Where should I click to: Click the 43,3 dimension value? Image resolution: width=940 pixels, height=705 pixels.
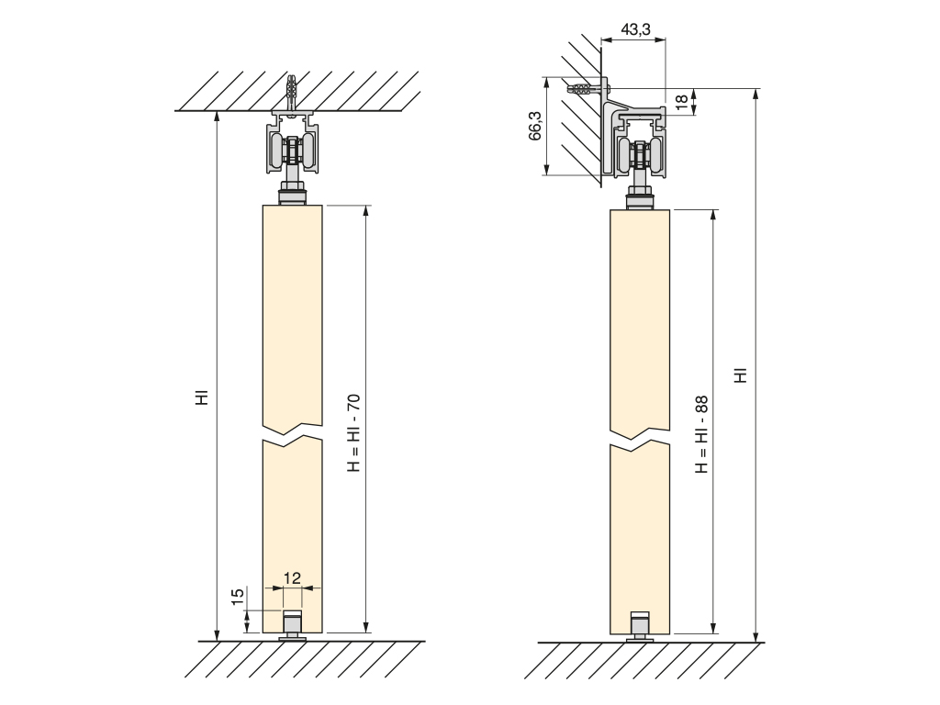635,29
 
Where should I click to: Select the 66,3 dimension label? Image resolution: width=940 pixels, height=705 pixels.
535,126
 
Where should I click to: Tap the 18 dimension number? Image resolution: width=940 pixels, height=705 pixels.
681,102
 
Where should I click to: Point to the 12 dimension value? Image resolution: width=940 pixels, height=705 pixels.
292,578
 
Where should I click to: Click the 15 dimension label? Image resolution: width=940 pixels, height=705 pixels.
238,596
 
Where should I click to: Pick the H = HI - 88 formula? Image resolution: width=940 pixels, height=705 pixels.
701,434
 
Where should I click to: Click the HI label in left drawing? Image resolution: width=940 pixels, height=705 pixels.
203,397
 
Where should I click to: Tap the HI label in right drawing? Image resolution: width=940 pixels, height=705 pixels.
742,375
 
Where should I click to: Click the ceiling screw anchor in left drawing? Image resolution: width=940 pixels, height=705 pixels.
292,93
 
